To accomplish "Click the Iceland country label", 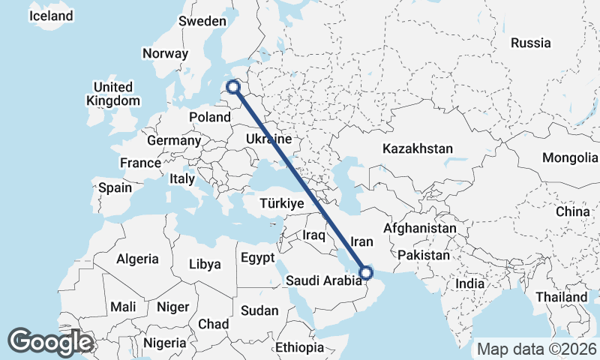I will (x=51, y=16).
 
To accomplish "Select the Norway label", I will (x=165, y=53).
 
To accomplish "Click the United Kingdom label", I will (x=113, y=94).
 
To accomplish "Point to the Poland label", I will (x=210, y=117).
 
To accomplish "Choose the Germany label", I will (x=174, y=140).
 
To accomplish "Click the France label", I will (x=140, y=163).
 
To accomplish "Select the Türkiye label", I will (x=281, y=203).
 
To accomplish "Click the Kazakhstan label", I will (x=418, y=148).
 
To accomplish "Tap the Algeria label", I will (x=137, y=259).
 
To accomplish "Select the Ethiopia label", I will (x=299, y=347).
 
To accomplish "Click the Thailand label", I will (x=562, y=297).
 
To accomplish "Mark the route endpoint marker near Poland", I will (x=233, y=87).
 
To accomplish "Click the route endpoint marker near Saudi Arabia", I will (x=366, y=272).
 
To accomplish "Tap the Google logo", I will (x=50, y=342).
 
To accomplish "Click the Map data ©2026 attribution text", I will (x=536, y=349).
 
